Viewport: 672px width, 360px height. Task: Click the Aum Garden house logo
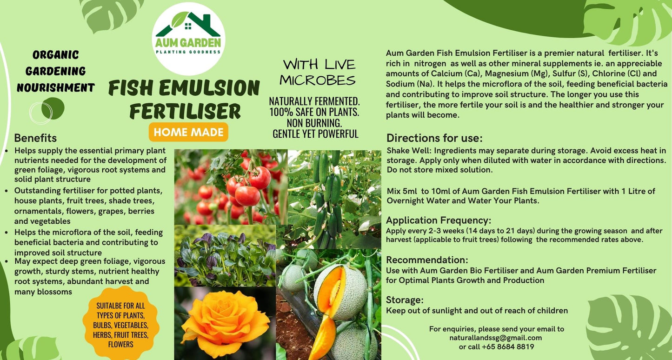tap(188, 39)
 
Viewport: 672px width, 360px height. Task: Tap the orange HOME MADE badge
tap(188, 132)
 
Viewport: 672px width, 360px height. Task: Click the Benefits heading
tap(35, 138)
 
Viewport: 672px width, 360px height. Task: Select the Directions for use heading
tap(434, 138)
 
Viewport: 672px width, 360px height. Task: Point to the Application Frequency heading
tap(439, 220)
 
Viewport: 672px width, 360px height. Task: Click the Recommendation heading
tap(427, 260)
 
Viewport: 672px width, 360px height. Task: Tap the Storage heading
tap(405, 300)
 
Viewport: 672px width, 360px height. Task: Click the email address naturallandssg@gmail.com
tap(496, 338)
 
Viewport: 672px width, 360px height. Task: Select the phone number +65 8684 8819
tap(508, 347)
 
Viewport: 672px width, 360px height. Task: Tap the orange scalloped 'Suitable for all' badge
tap(120, 324)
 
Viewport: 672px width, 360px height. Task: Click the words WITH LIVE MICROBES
tap(318, 73)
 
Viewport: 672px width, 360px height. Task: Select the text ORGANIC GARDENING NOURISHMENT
tap(56, 72)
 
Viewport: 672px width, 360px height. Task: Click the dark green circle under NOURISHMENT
tap(53, 108)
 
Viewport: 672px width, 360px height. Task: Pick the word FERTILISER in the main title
tap(185, 111)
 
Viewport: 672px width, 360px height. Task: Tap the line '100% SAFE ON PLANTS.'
tap(314, 112)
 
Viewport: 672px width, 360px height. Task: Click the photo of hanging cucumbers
tap(334, 199)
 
